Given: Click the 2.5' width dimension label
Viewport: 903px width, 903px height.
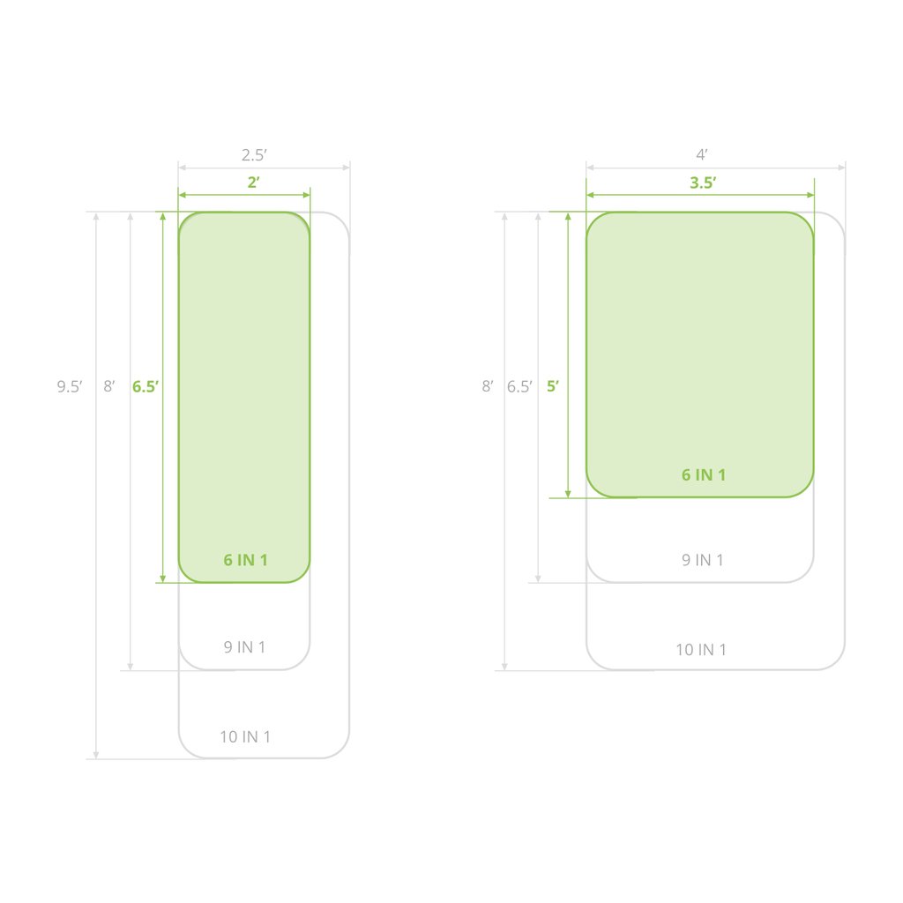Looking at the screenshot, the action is point(254,155).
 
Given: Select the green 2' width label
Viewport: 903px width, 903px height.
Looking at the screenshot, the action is point(253,183).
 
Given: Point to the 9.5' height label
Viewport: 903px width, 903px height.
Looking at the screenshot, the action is point(70,386).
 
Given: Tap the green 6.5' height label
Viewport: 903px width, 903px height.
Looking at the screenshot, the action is point(146,386).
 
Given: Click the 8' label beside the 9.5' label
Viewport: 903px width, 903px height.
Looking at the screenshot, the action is point(108,386).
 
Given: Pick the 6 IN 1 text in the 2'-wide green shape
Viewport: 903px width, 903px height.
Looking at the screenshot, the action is point(245,560).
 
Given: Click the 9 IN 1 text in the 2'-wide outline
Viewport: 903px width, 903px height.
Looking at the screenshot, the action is point(244,646).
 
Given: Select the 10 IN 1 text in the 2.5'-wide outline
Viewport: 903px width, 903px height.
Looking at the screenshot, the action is point(245,736).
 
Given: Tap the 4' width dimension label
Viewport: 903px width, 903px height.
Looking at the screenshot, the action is point(701,154).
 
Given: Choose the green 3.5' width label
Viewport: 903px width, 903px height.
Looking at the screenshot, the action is point(703,183).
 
